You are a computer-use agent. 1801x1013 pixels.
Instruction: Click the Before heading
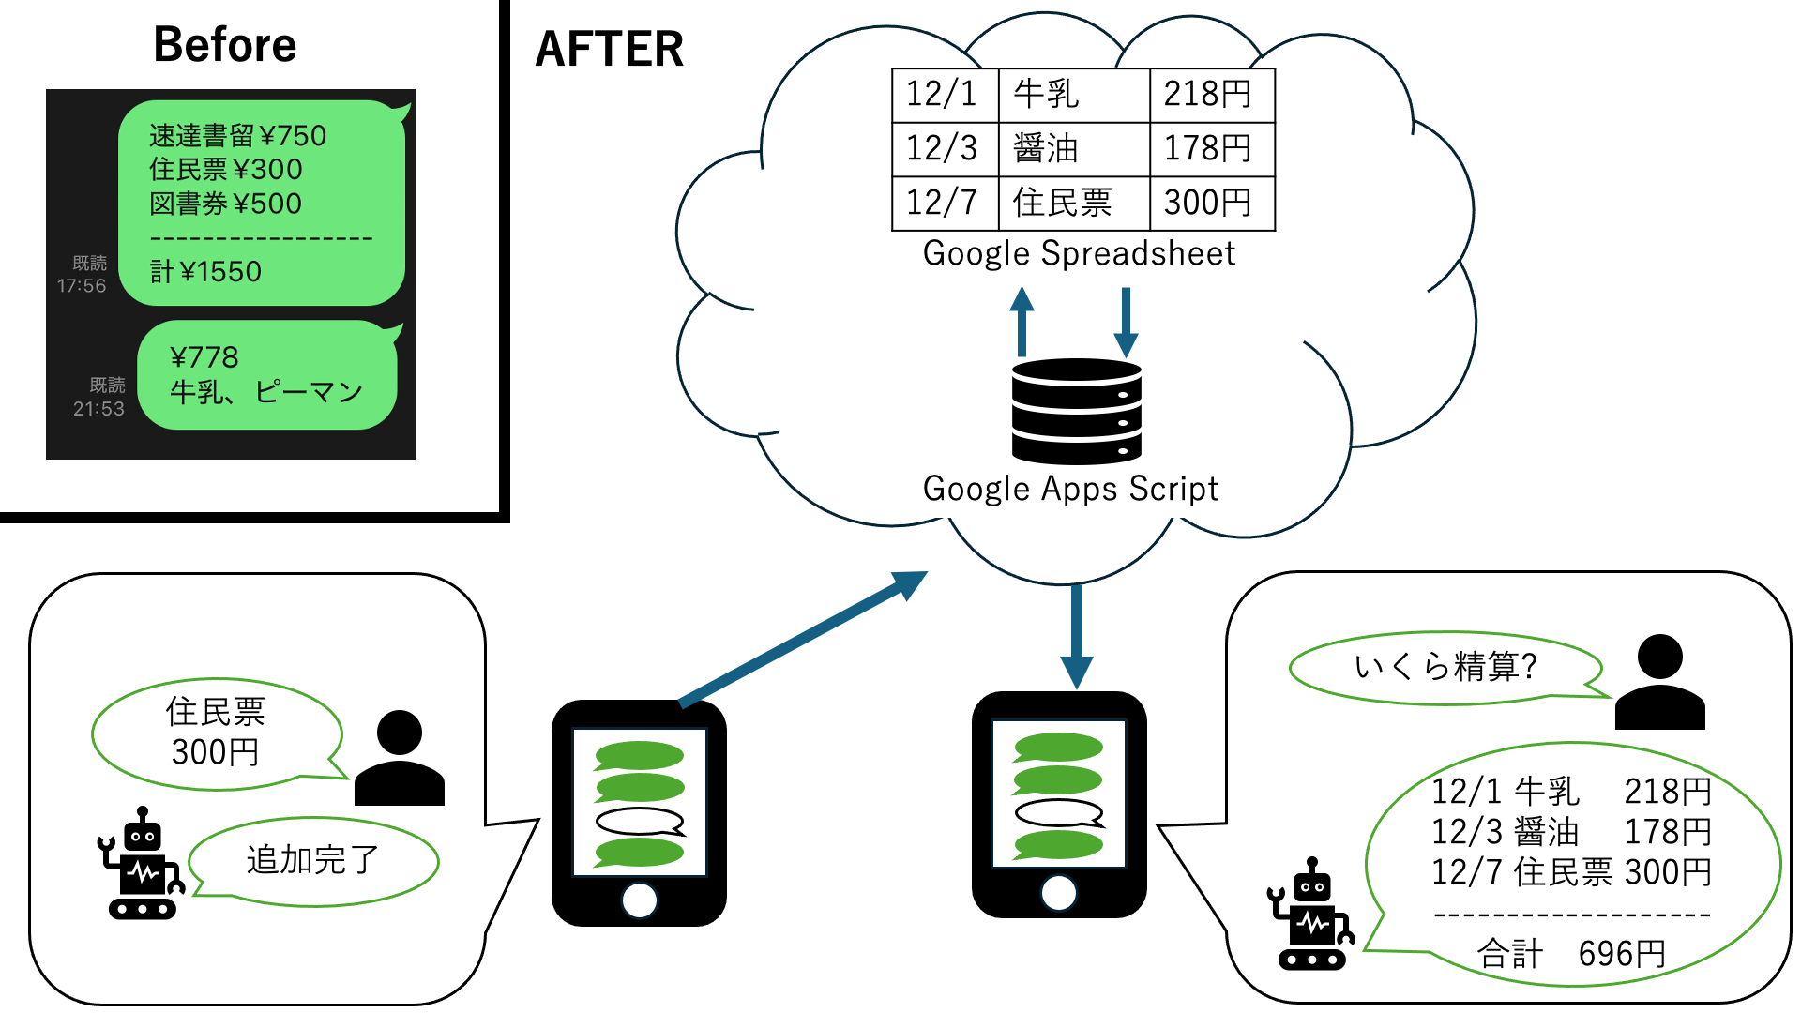coord(224,45)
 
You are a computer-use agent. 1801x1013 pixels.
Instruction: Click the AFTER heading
coord(609,49)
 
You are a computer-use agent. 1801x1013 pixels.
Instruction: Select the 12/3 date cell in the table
coord(943,148)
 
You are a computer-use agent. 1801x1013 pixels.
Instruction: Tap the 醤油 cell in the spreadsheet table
coord(1045,148)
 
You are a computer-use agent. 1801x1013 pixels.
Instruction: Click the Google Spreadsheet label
coord(1079,254)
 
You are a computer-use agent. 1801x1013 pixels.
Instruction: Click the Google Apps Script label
coord(1070,489)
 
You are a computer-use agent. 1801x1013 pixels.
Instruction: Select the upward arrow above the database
coord(1022,320)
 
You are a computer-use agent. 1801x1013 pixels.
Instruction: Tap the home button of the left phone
coord(639,900)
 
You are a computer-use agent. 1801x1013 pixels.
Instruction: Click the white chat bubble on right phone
coord(1059,813)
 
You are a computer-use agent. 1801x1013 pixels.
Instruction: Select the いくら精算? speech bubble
coord(1445,667)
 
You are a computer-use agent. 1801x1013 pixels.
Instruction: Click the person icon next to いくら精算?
coord(1658,682)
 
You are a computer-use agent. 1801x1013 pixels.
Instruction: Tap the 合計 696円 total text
coord(1570,954)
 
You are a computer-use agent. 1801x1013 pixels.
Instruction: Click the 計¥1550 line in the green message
coord(205,272)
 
